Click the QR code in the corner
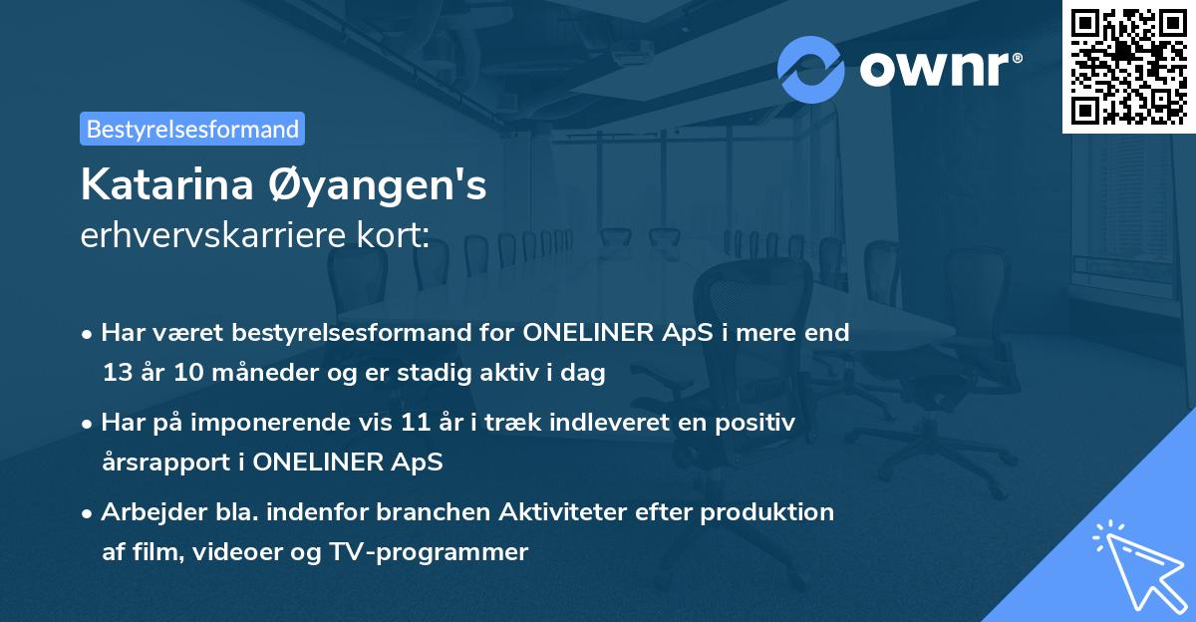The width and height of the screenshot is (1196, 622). click(x=1128, y=66)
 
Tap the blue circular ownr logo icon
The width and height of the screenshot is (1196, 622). click(x=810, y=69)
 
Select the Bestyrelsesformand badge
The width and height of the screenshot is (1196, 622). click(x=192, y=129)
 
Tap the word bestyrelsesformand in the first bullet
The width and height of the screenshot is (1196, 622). click(x=338, y=333)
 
